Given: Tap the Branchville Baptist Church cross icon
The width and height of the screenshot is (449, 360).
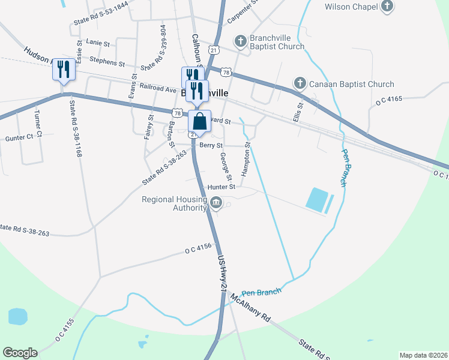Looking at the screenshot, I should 240,41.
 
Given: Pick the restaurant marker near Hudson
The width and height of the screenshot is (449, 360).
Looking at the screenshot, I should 63,70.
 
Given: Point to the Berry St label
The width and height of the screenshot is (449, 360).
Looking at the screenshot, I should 211,145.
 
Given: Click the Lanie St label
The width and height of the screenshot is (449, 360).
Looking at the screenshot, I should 98,43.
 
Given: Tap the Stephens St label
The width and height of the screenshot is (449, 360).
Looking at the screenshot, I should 107,61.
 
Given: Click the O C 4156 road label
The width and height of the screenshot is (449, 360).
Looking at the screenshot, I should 199,247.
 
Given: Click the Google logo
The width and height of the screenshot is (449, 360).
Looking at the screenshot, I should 20,353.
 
